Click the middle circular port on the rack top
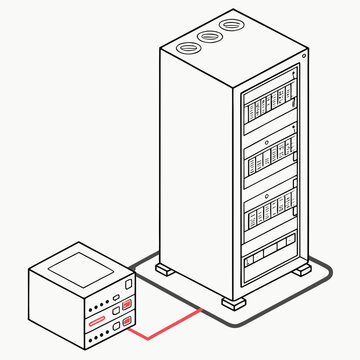209,37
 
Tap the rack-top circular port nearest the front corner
186,46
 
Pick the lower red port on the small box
126,321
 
